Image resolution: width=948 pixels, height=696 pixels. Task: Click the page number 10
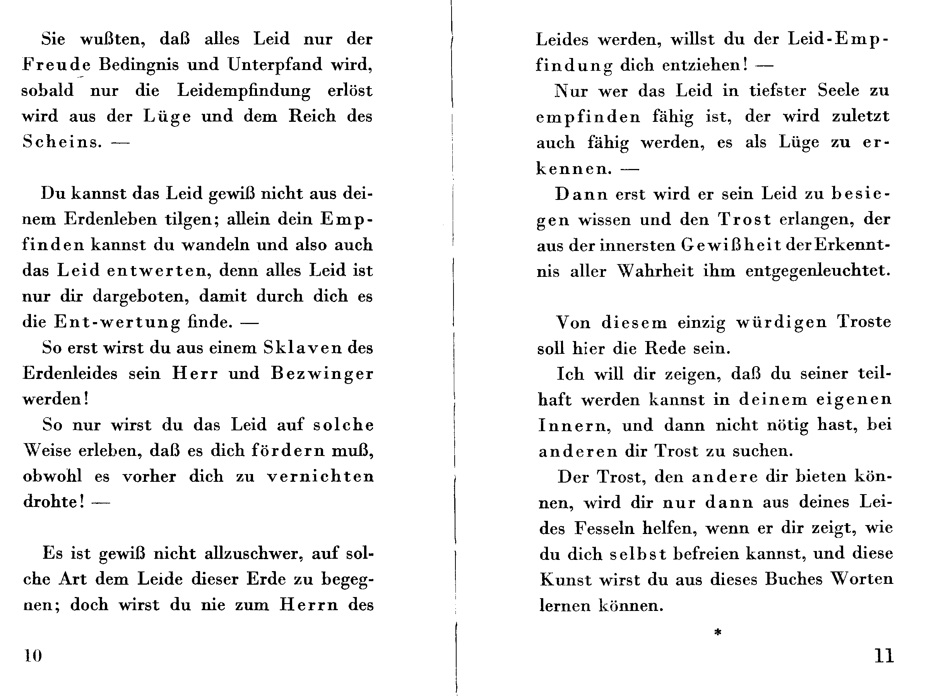(x=33, y=655)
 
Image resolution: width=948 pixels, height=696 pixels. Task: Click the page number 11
(x=884, y=655)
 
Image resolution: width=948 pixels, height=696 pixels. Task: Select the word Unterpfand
(x=275, y=65)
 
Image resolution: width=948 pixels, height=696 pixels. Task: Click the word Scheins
(x=62, y=142)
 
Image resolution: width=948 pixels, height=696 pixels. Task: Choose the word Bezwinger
(x=322, y=374)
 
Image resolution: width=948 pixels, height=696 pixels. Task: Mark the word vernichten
(x=320, y=476)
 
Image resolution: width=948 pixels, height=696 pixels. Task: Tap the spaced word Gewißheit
(x=731, y=245)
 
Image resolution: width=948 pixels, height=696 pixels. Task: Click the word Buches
(x=793, y=579)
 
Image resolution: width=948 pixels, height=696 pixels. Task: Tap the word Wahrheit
(x=655, y=271)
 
